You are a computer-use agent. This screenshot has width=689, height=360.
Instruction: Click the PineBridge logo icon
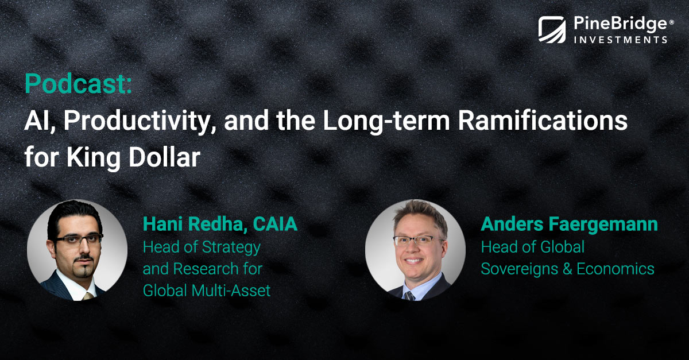point(552,30)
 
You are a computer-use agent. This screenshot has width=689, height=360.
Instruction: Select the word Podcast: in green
point(78,84)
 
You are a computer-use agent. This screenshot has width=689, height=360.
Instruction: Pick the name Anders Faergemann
point(569,224)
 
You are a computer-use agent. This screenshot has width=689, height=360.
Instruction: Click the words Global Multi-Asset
point(206,291)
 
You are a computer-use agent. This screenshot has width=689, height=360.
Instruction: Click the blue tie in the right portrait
point(409,294)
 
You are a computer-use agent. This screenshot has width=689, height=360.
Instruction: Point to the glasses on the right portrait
point(417,239)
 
